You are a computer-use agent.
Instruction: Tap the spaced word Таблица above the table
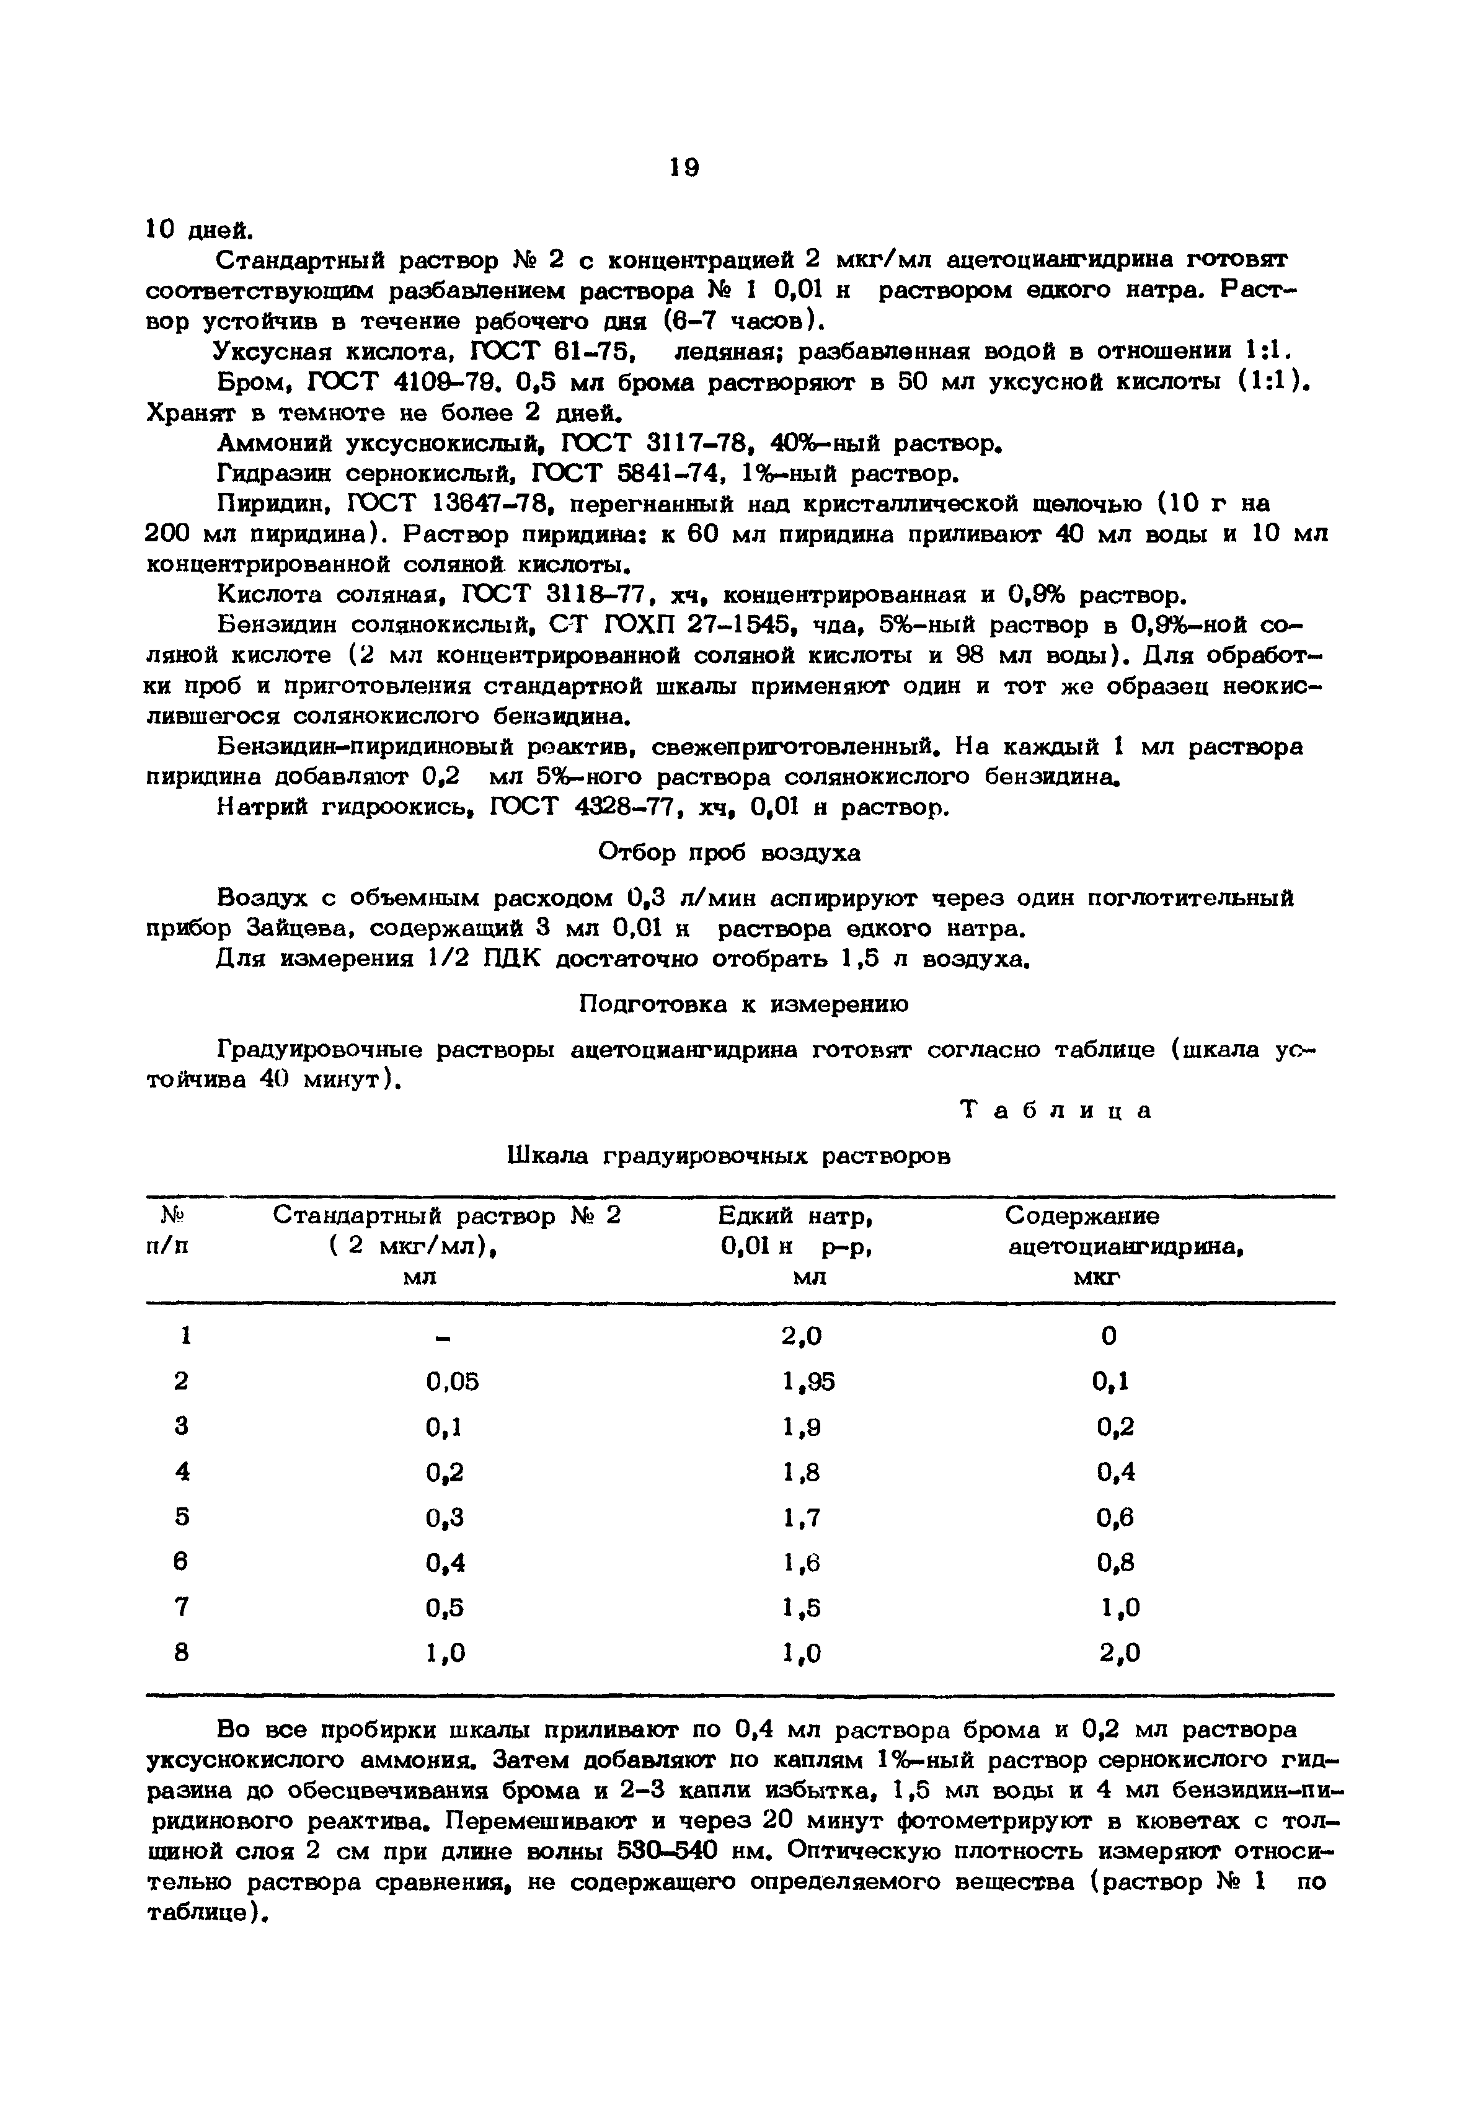click(x=1056, y=1110)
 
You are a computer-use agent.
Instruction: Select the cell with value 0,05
click(x=453, y=1381)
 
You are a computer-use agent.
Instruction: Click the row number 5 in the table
click(x=182, y=1517)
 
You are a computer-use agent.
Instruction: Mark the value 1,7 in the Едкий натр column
click(x=802, y=1517)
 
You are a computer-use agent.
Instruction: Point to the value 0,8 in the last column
click(x=1115, y=1562)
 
